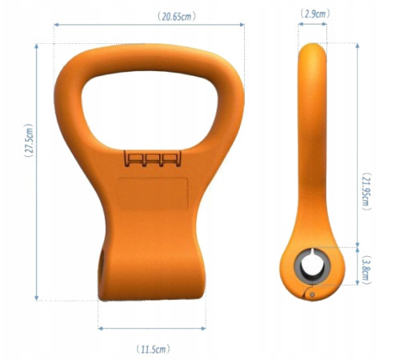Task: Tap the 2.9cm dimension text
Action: click(314, 14)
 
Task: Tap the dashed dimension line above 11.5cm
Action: click(151, 328)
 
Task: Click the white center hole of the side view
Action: click(310, 266)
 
